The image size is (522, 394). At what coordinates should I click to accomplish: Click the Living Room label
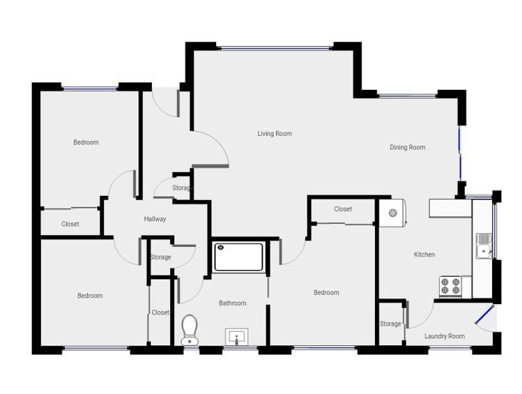click(x=274, y=134)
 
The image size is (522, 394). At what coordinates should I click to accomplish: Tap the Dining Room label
click(x=407, y=147)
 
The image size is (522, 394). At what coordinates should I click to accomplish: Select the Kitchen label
click(x=424, y=255)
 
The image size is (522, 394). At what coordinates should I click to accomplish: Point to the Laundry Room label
click(x=445, y=336)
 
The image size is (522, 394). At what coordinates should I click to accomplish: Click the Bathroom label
click(x=232, y=303)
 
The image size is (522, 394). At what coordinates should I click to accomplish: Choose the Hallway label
click(x=155, y=219)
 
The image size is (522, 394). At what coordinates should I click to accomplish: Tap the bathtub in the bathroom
click(x=239, y=256)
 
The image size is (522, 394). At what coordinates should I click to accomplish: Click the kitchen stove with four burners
click(x=450, y=286)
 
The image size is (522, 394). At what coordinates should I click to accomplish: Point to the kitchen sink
click(x=483, y=245)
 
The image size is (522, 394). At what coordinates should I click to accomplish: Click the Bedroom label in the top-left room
click(x=86, y=142)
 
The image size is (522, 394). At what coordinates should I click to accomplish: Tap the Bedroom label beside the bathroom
click(x=325, y=293)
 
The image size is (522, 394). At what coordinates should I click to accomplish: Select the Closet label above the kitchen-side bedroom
click(x=342, y=209)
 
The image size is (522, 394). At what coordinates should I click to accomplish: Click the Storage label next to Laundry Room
click(x=390, y=324)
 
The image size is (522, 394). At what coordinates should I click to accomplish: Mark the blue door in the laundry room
click(x=484, y=315)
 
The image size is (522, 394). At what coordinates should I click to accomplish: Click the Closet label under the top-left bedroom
click(x=70, y=224)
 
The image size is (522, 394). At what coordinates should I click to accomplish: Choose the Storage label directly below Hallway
click(x=160, y=257)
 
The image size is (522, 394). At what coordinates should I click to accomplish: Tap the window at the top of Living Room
click(x=275, y=47)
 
